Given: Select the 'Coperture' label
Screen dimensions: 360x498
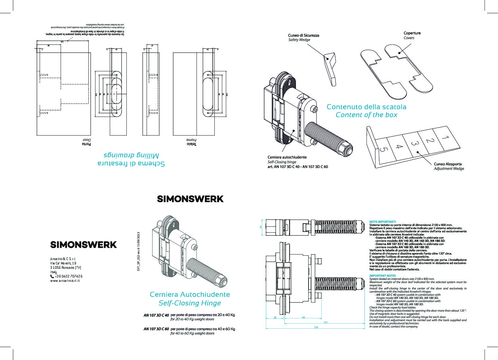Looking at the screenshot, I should click(412, 33).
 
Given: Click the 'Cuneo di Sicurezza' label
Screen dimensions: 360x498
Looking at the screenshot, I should click(303, 35).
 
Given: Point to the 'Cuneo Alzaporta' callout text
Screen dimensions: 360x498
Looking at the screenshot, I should click(448, 164).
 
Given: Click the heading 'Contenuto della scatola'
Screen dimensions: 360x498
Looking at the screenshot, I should click(366, 107).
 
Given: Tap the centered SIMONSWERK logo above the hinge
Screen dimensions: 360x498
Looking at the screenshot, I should click(190, 199).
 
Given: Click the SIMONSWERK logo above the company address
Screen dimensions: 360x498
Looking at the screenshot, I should click(84, 245).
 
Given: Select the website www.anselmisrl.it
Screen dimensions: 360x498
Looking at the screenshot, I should click(65, 281).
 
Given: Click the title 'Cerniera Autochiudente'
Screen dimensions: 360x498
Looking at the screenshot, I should click(189, 295).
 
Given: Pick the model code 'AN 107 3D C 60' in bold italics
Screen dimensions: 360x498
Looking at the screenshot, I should click(156, 329).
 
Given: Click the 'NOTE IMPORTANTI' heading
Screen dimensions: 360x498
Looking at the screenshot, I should click(382, 222).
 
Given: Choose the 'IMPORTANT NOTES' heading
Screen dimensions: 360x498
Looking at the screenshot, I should click(382, 275).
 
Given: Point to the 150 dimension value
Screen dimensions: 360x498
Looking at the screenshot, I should click(316, 327).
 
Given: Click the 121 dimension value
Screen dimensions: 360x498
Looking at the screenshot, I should click(325, 322).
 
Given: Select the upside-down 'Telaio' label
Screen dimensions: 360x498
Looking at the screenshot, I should click(192, 144).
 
